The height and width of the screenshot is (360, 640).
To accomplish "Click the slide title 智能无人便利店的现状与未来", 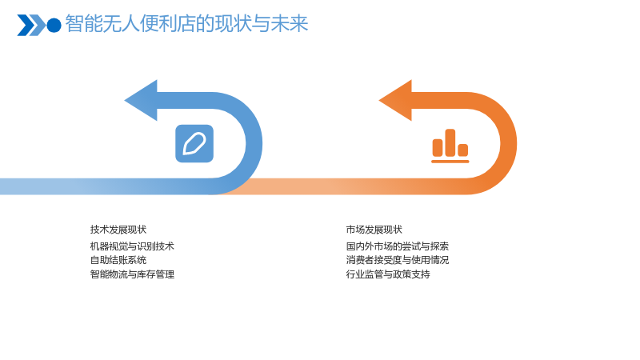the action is pos(186,24).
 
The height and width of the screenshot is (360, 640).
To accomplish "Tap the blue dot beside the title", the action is pos(54,26).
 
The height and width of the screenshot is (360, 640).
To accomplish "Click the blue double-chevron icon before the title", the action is pos(31,26).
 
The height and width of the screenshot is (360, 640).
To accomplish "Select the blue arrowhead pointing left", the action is pos(141,101).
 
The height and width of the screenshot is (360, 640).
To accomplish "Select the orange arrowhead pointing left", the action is pos(395,101).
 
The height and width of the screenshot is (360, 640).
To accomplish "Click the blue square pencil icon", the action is pos(194,144).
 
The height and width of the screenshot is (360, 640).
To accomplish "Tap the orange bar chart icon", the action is pos(450,146).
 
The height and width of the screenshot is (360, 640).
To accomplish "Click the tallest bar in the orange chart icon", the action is pos(450,143).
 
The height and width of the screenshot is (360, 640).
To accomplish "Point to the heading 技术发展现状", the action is pos(118,230).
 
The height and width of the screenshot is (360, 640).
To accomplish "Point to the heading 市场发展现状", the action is pos(374,230).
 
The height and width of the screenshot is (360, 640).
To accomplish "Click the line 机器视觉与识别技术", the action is pos(132,246).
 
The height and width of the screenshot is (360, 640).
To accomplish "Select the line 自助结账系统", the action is pos(118,260).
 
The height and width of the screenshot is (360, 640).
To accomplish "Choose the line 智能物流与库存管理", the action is pos(132,274).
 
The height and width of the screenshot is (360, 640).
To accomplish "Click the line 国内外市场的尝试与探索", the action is pos(398,246).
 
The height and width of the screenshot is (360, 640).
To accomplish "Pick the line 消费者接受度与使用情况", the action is pos(398,260).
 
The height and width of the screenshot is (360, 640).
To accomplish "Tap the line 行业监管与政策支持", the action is pos(388,274).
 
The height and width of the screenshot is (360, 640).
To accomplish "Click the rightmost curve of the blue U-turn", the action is pos(254,144).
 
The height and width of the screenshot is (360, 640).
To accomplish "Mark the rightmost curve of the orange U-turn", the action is pos(509,144).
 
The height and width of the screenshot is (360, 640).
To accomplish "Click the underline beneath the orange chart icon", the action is pos(450,162).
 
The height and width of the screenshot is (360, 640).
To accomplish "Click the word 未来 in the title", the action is pos(290,24).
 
